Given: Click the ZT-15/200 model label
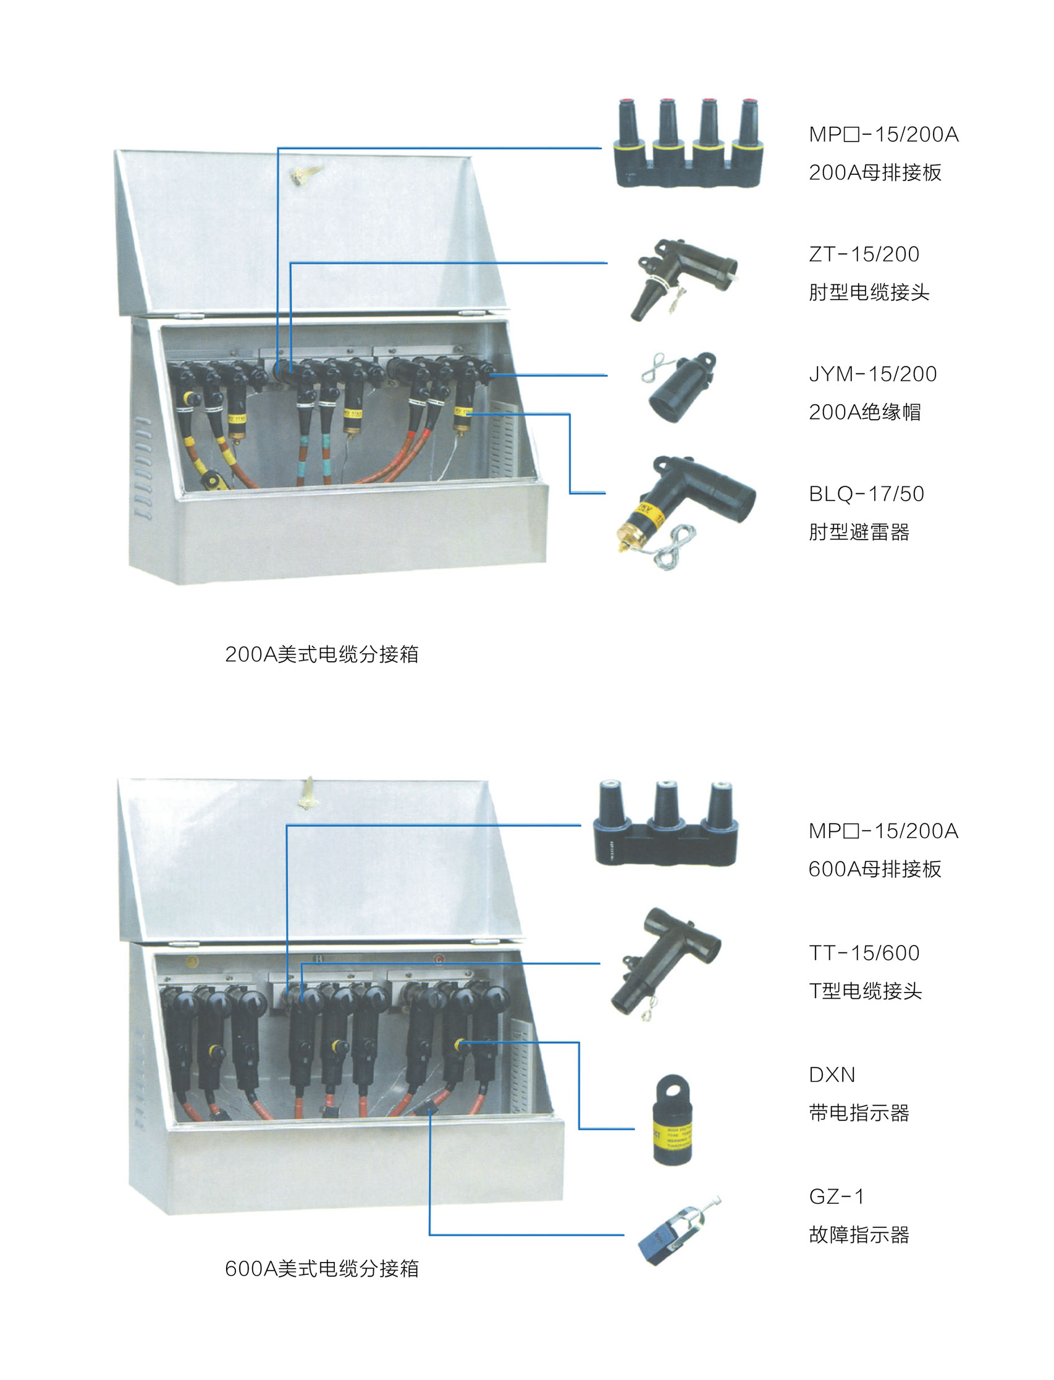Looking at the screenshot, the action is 864,254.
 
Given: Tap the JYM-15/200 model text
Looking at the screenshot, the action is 873,374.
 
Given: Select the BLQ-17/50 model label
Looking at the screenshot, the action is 866,494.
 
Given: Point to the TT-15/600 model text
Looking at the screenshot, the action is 864,952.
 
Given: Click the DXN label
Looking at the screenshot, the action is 832,1074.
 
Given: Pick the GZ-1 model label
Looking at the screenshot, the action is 837,1196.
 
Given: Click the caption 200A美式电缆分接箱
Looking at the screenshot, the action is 322,654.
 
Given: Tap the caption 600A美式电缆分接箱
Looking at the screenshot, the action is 322,1268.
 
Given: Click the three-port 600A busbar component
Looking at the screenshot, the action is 665,823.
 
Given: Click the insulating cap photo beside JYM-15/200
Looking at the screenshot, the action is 680,387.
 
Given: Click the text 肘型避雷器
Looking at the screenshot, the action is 859,532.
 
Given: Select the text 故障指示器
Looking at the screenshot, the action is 859,1234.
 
